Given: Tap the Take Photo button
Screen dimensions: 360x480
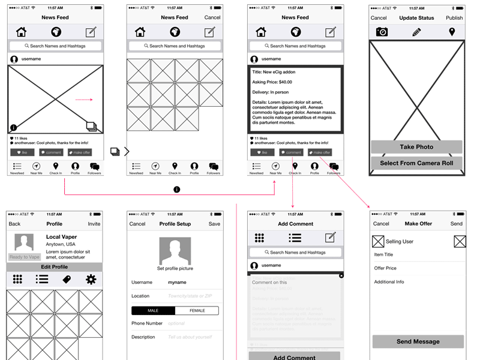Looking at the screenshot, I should tap(416, 147).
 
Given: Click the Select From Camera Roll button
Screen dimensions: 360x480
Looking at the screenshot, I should tap(416, 163).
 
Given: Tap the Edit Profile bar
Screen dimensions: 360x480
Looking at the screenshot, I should tap(54, 267).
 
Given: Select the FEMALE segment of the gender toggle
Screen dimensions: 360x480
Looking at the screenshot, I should tap(197, 311).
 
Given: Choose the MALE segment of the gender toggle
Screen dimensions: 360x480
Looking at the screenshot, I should tap(153, 311).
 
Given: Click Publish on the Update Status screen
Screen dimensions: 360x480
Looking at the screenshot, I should tap(454, 18).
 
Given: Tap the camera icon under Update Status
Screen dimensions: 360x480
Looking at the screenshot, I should tap(382, 32).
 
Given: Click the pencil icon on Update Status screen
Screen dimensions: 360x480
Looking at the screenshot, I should tap(417, 32).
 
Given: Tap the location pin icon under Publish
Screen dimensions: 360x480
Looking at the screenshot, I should tap(452, 32).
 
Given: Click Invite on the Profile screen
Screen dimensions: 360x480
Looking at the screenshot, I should tap(94, 224).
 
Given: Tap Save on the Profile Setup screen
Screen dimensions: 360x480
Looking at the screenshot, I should tap(214, 224).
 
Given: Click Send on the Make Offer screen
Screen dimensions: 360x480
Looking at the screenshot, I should tap(456, 224).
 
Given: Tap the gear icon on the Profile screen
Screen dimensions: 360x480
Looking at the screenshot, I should tap(91, 279).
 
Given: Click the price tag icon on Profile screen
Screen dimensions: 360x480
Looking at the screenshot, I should tap(67, 279).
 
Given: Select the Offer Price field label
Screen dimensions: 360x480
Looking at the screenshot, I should tap(385, 268).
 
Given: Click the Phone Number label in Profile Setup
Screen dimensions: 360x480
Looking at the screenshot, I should tap(147, 323).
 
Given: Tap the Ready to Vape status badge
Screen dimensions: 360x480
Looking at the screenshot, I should tap(24, 257).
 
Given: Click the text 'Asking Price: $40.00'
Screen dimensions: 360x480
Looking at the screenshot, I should tap(272, 82).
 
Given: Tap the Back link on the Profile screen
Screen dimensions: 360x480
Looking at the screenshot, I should tap(14, 224).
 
